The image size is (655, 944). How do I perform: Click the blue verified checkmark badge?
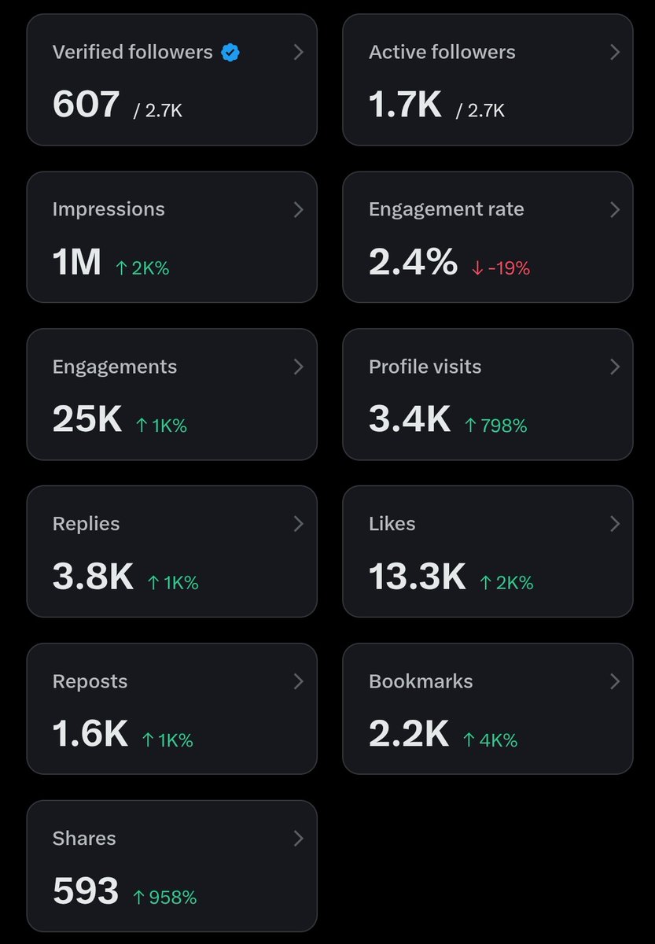point(230,53)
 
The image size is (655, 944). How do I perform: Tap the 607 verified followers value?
point(86,104)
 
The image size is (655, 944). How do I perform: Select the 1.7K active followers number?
point(405,104)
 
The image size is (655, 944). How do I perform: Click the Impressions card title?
point(109,209)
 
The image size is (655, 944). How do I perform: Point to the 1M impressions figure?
point(76,262)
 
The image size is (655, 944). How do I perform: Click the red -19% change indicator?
point(501,268)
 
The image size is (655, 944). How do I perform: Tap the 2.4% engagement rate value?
point(414,262)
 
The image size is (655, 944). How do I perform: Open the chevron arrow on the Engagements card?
point(298,367)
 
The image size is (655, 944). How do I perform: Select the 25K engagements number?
point(87,419)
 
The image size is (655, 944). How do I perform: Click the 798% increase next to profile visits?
point(496,426)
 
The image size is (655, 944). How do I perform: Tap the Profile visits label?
point(425,367)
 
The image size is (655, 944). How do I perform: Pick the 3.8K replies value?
point(93,576)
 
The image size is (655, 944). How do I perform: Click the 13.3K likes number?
point(418,576)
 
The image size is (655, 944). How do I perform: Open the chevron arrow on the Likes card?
point(615,524)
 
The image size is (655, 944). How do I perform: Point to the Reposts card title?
point(90,681)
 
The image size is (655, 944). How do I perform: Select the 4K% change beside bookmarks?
point(491,740)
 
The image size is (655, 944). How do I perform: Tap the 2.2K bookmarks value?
point(409,734)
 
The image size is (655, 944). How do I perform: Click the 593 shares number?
point(86,891)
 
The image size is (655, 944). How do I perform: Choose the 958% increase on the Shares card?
point(164,898)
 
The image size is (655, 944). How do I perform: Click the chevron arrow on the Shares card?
point(298,839)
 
